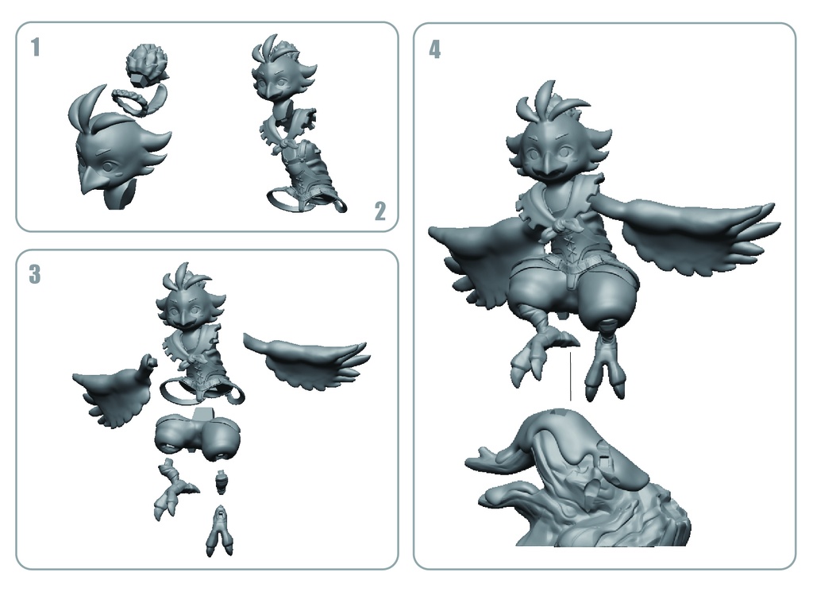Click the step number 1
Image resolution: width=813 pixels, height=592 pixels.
[35, 48]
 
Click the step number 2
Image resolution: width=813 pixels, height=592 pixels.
[380, 211]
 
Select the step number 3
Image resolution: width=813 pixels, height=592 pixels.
[35, 275]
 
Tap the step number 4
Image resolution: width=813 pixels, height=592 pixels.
[434, 49]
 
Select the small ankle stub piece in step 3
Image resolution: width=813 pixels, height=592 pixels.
[222, 479]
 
